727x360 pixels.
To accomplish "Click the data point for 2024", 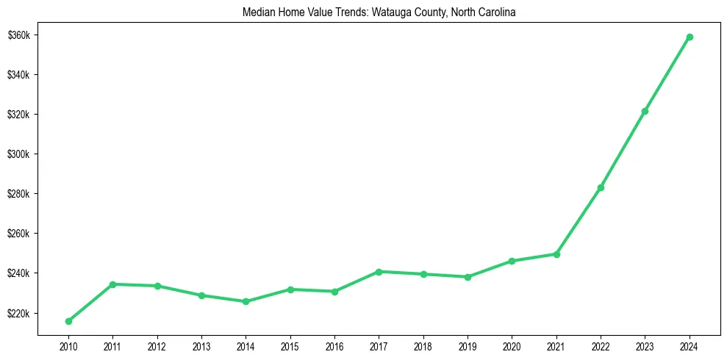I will tap(690, 37).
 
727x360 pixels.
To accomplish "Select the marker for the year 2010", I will tap(68, 321).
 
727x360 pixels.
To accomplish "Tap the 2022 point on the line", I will tap(601, 187).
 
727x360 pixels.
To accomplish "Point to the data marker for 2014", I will tap(246, 301).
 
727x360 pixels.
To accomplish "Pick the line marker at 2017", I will tap(379, 272).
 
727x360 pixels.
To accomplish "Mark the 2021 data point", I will tap(556, 254).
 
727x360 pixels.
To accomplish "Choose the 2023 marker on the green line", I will tap(645, 111).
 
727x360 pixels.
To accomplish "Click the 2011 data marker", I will tap(112, 284).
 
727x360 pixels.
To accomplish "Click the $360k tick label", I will tap(18, 35).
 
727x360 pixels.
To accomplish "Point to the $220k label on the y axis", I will tap(18, 314).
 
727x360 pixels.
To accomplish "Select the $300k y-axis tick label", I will tap(18, 154).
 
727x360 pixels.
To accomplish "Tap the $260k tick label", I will tap(18, 234).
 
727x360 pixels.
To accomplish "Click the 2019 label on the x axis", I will tap(468, 345).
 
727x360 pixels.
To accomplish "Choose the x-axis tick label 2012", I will tap(157, 345).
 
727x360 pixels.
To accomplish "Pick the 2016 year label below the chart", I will tap(334, 345).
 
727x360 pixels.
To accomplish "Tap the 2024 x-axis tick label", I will tap(690, 345).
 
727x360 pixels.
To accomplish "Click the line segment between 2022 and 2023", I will tap(623, 149).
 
